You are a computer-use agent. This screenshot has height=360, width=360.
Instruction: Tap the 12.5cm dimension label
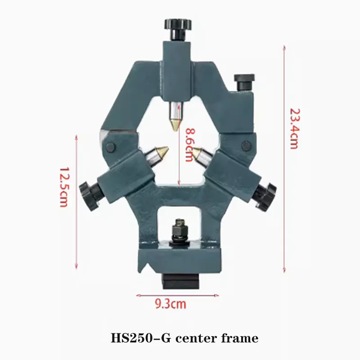pyautogui.click(x=63, y=187)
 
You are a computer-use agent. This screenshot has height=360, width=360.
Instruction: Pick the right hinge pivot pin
pyautogui.click(x=245, y=145)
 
